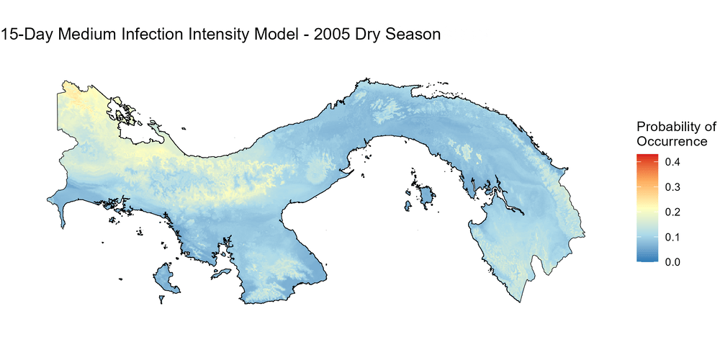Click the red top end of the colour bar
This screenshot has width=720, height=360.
(x=647, y=156)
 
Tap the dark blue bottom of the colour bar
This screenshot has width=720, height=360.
(x=647, y=258)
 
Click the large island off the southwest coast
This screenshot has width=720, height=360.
(x=166, y=279)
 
